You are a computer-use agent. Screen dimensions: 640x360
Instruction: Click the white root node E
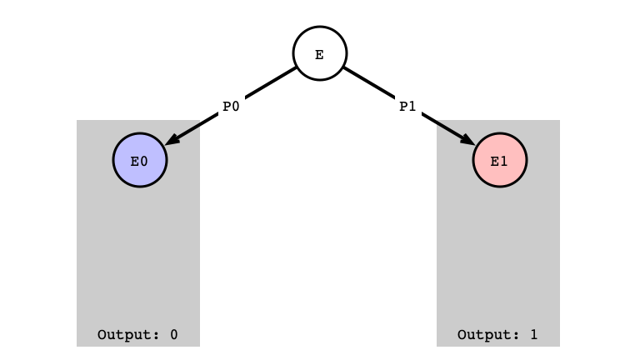click(x=320, y=53)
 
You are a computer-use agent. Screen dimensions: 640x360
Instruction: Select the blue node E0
click(x=140, y=160)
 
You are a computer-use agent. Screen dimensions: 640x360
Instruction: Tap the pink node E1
click(x=500, y=160)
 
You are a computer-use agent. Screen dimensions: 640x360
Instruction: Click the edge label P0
click(x=231, y=107)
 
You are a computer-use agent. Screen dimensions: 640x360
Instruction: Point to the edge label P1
click(x=407, y=107)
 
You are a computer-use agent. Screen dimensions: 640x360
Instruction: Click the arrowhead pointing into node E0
click(x=172, y=139)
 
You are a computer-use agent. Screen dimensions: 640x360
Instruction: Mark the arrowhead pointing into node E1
click(x=467, y=139)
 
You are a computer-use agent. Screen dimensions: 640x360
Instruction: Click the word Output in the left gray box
click(x=128, y=335)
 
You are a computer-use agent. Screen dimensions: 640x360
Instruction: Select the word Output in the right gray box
click(x=488, y=335)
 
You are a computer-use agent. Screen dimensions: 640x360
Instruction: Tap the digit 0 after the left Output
click(x=174, y=335)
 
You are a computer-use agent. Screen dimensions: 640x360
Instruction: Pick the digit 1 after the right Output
click(x=534, y=335)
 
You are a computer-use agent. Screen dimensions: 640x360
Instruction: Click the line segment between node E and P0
click(x=270, y=83)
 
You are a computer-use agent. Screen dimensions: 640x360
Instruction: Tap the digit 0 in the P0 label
click(x=236, y=107)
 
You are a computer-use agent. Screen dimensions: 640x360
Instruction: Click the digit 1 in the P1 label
click(x=412, y=107)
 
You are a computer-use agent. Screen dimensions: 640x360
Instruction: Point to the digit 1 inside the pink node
click(x=503, y=162)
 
